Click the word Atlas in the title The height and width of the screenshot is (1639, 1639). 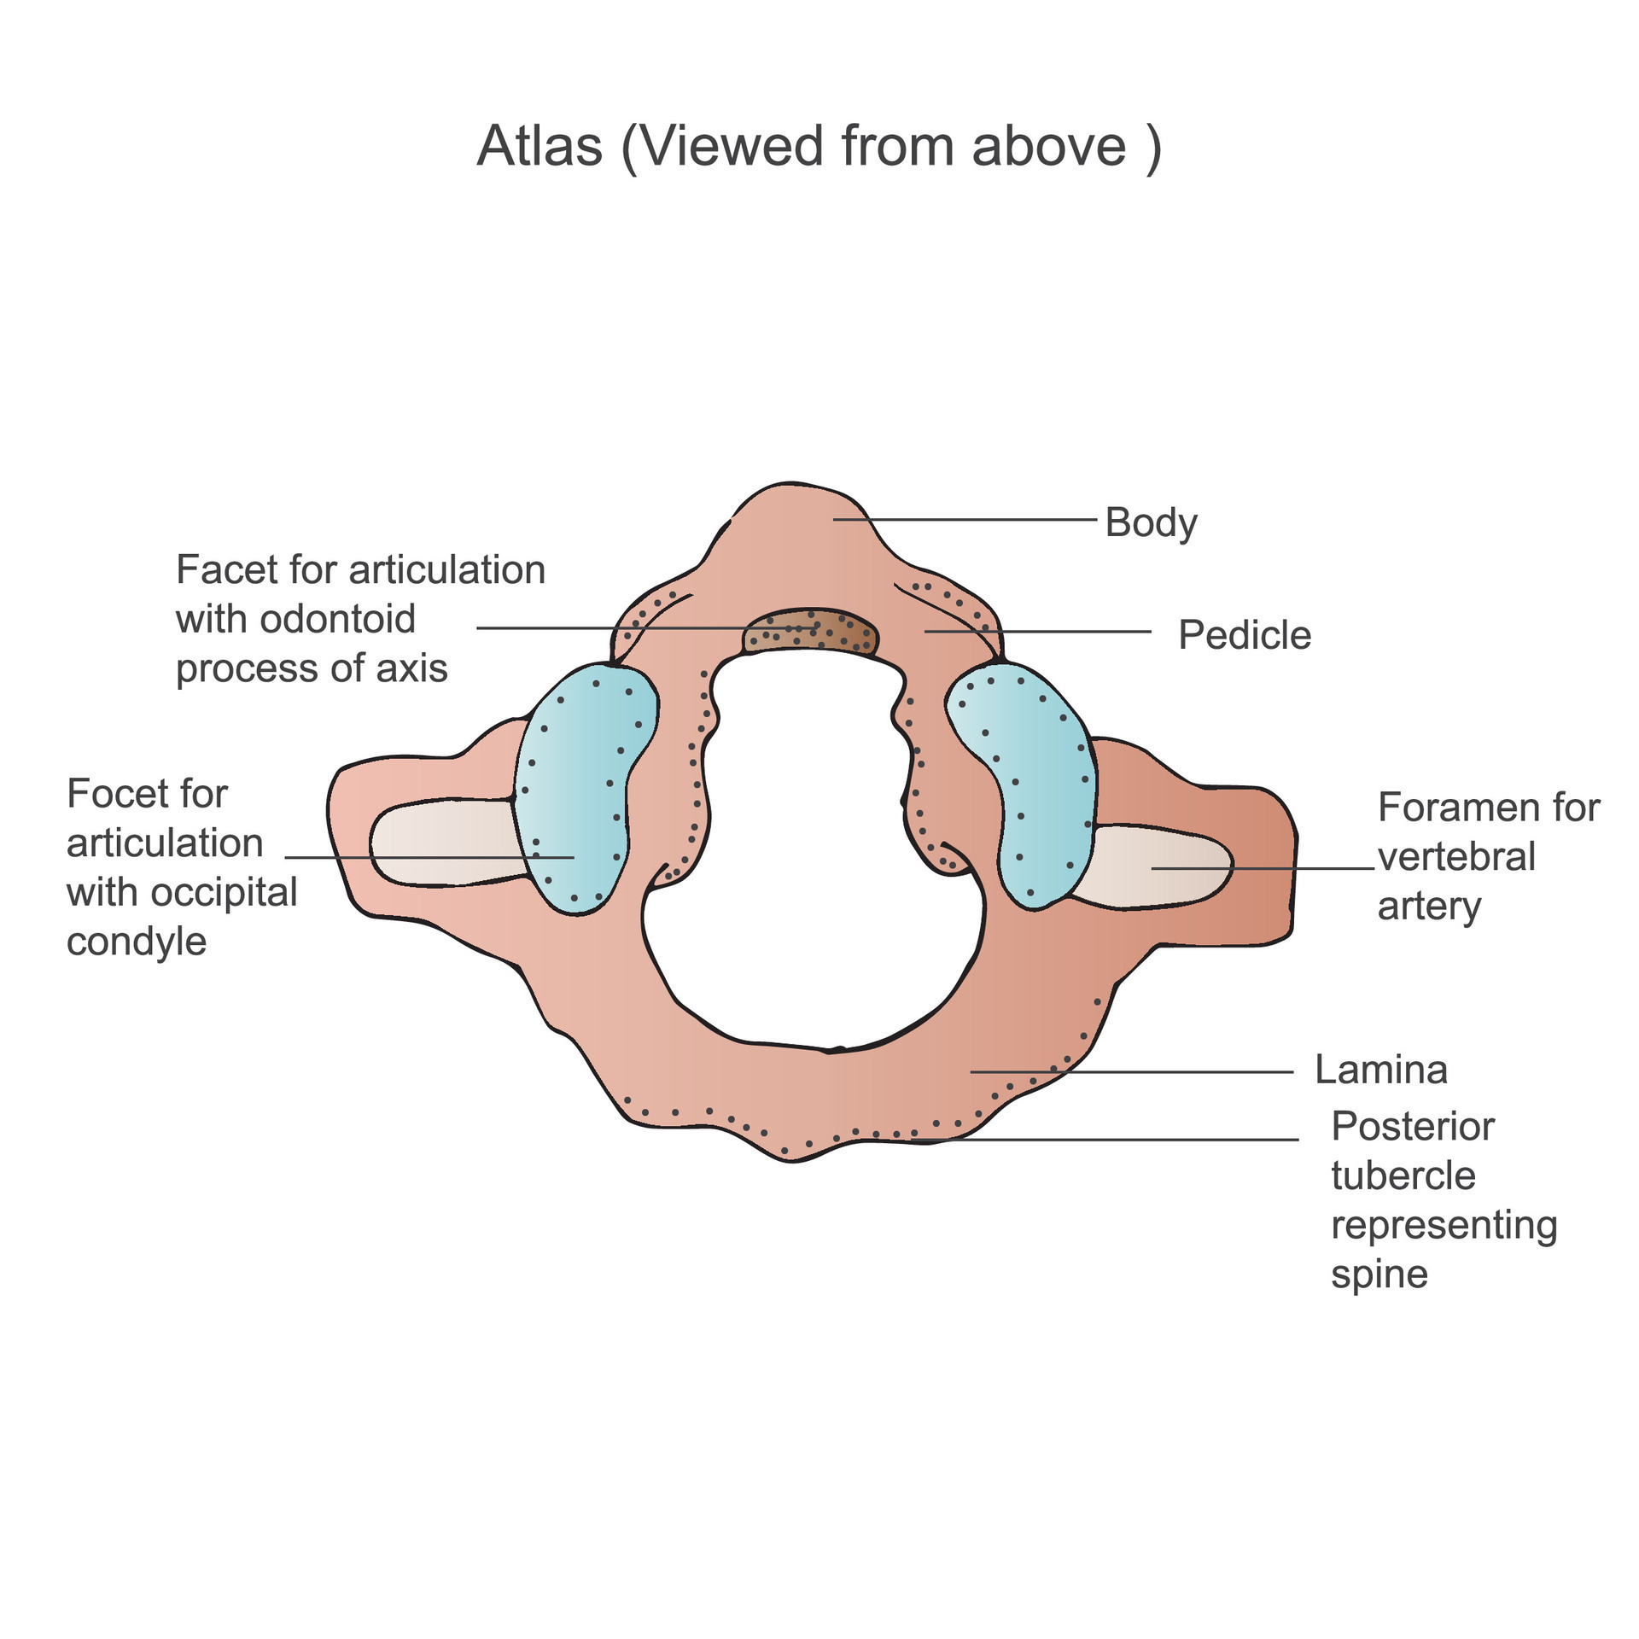click(540, 146)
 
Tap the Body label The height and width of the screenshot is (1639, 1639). click(1151, 522)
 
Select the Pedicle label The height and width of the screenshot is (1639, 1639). click(1245, 635)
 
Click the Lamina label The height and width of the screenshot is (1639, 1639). click(1381, 1070)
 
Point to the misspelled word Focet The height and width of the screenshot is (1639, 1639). click(147, 794)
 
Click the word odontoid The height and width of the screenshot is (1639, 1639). click(337, 619)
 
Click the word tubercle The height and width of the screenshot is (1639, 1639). click(1403, 1176)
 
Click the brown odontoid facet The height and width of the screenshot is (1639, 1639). click(810, 633)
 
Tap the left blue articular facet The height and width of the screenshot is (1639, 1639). click(585, 788)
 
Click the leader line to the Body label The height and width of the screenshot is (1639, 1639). click(965, 519)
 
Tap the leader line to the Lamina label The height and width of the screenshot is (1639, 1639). click(1132, 1071)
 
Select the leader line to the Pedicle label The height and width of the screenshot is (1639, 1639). click(1038, 632)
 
